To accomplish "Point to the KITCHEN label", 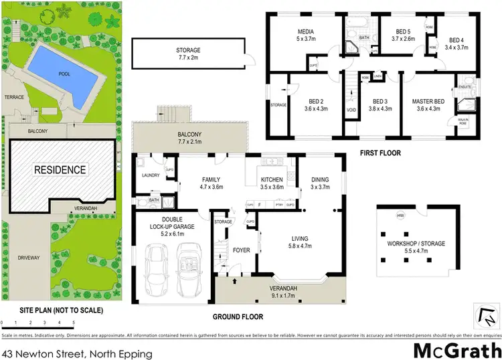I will pos(271,179).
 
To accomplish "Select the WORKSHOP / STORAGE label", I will pos(416,244).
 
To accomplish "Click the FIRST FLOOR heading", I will pos(380,153).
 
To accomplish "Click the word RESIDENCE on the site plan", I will pos(61,169).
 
